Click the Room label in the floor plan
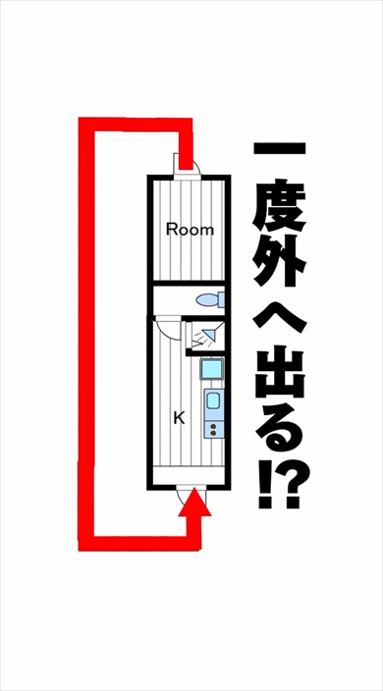(x=190, y=231)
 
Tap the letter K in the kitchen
(x=179, y=417)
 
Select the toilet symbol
(x=208, y=299)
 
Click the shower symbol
(x=204, y=339)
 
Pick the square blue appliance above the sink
(x=211, y=370)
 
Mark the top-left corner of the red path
(x=86, y=127)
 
